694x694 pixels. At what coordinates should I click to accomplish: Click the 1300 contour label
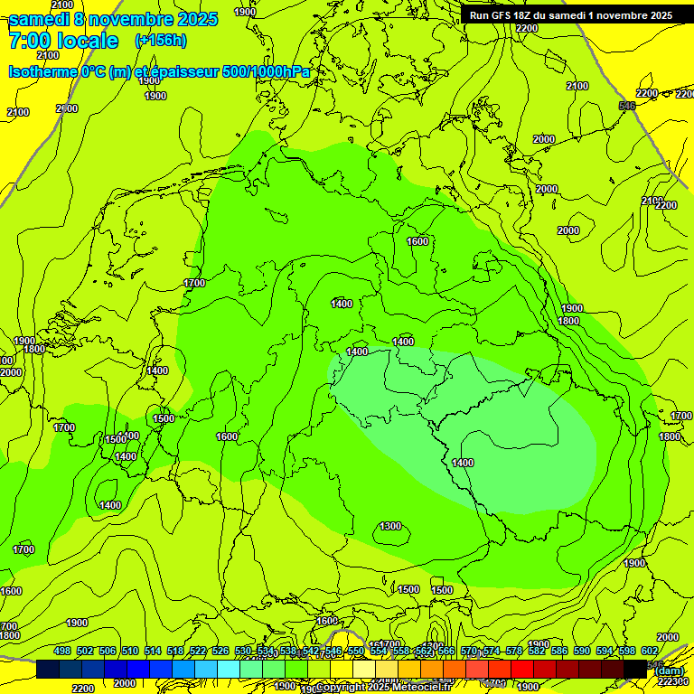(x=390, y=526)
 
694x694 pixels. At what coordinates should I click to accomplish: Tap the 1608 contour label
(x=326, y=621)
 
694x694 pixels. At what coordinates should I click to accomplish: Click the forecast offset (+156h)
(x=161, y=41)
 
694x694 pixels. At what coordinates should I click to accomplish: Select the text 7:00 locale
(x=63, y=41)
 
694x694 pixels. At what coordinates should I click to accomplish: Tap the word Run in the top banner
(x=479, y=15)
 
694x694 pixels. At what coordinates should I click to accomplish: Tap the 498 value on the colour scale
(x=62, y=651)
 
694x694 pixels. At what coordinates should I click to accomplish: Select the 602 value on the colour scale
(x=650, y=651)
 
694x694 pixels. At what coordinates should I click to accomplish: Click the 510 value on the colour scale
(x=130, y=651)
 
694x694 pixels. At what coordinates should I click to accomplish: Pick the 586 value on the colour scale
(x=559, y=651)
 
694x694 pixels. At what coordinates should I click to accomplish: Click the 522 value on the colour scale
(x=198, y=651)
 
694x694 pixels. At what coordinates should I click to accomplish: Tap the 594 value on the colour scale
(x=605, y=651)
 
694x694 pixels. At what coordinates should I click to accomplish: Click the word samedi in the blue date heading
(x=41, y=19)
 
